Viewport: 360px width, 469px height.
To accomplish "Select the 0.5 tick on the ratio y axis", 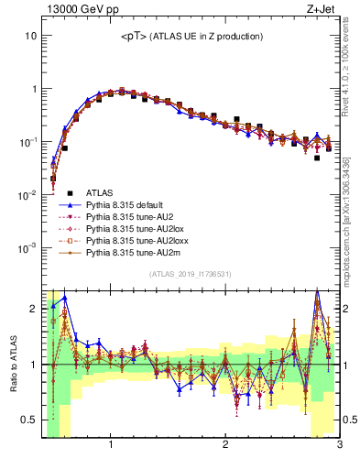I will [28, 420].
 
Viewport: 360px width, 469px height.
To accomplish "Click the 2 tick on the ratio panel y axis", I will [33, 308].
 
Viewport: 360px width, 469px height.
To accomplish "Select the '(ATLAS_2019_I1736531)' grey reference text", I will [191, 274].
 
